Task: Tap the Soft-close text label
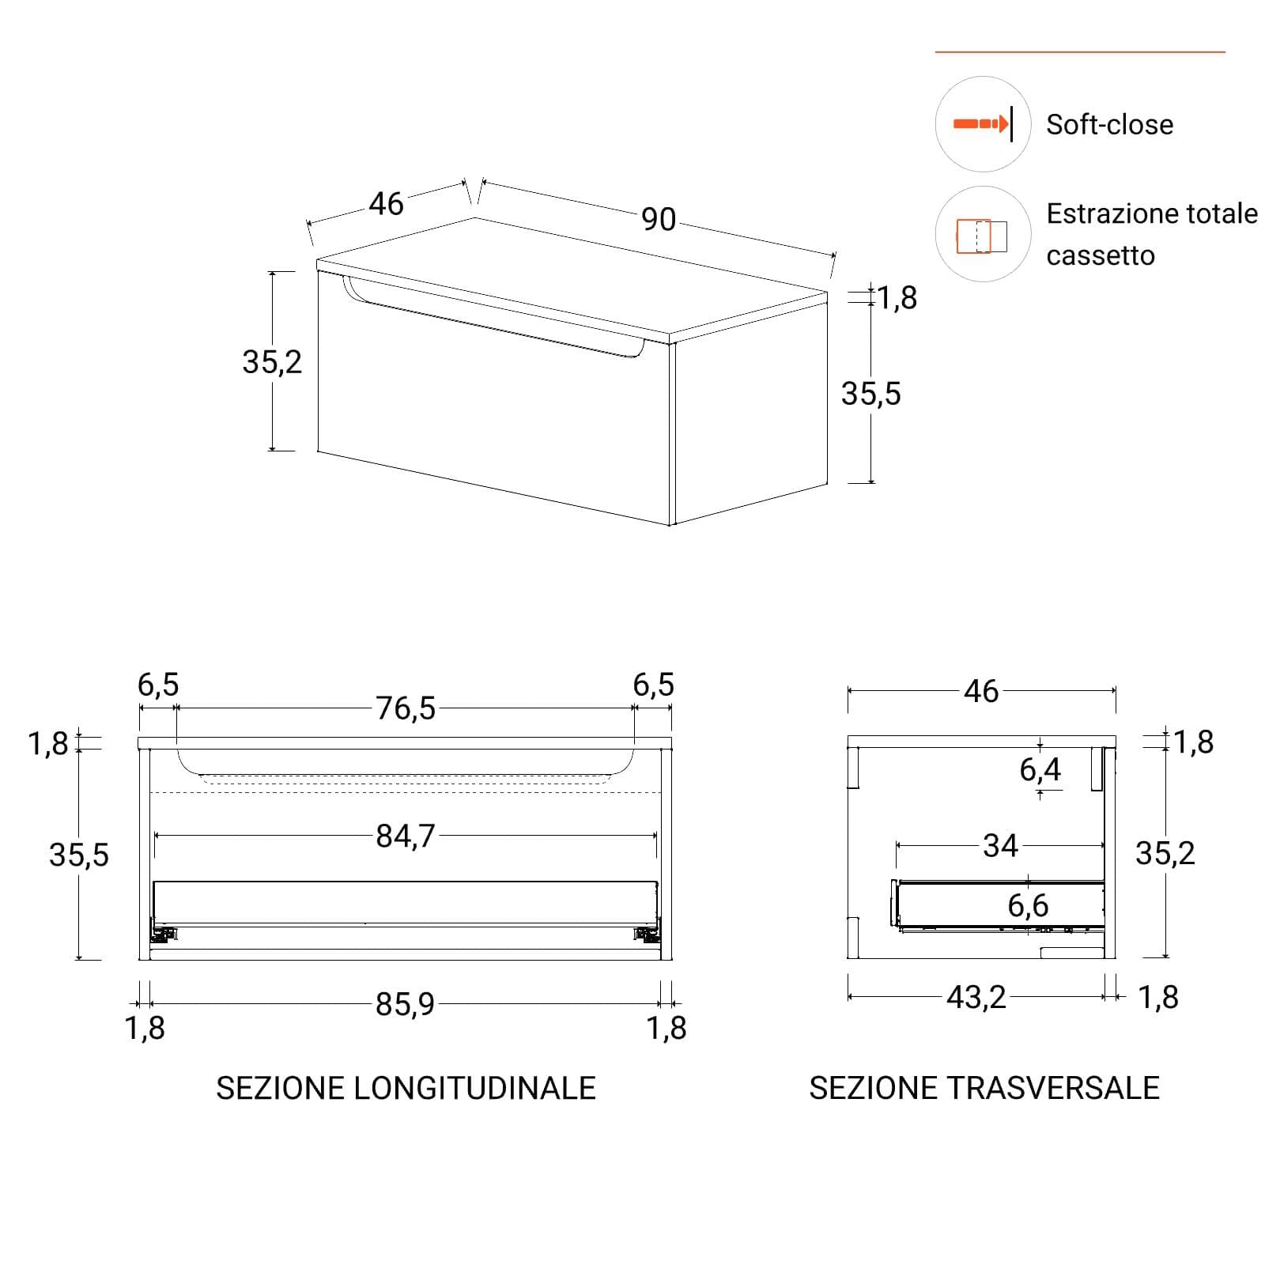(1109, 125)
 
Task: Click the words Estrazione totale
(1152, 213)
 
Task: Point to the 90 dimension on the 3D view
(659, 219)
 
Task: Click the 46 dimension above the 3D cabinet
(386, 204)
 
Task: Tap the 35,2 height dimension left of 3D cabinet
(272, 362)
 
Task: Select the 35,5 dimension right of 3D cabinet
(870, 394)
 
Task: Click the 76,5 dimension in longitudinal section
(406, 708)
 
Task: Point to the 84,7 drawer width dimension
(406, 836)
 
